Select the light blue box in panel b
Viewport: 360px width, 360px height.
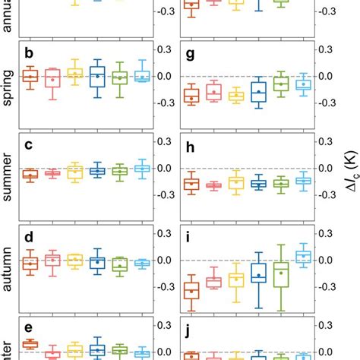[141, 76]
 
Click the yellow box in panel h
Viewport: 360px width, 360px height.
[236, 182]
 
